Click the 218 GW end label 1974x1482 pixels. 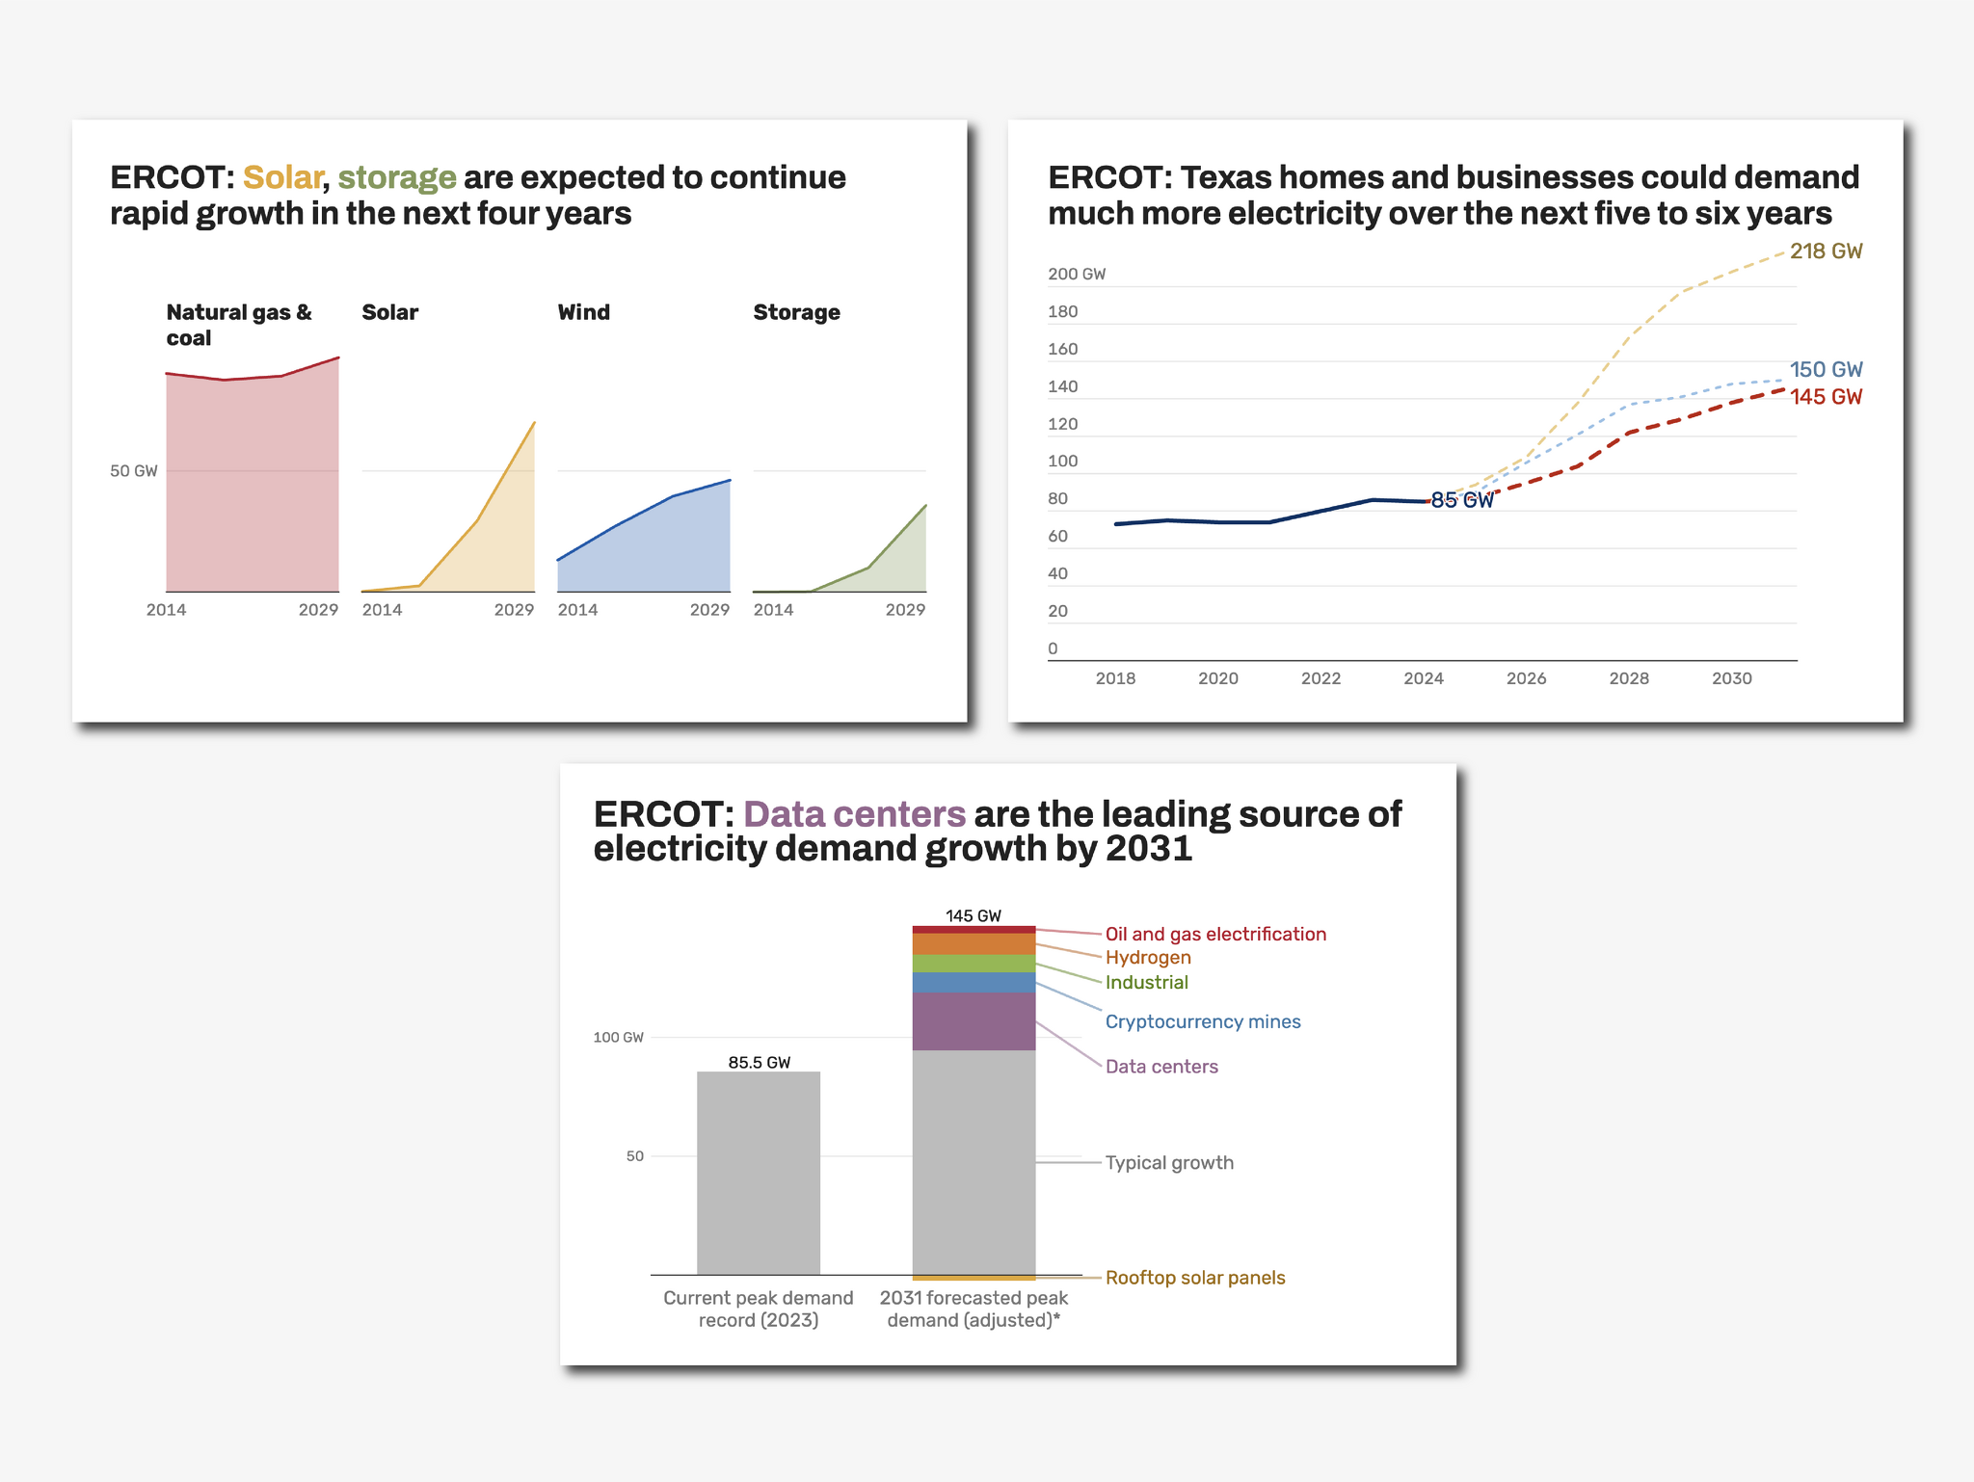1826,251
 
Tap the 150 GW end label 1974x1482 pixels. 1826,370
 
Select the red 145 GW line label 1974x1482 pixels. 1826,397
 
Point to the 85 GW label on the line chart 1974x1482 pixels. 1461,500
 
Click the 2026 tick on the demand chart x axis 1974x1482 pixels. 1526,678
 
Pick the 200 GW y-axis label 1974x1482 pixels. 1076,275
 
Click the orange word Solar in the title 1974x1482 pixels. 281,178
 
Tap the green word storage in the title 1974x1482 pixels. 396,178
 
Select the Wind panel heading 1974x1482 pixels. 583,312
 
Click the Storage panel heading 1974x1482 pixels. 796,312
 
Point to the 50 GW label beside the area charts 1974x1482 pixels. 133,471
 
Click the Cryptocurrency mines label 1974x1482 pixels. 1202,1021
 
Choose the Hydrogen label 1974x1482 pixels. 1147,958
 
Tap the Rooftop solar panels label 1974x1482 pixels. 1194,1278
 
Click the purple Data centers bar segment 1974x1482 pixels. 974,1021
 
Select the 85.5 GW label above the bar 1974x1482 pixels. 759,1063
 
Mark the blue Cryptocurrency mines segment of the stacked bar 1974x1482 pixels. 974,983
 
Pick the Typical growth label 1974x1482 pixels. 1168,1163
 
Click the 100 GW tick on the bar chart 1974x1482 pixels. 618,1038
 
